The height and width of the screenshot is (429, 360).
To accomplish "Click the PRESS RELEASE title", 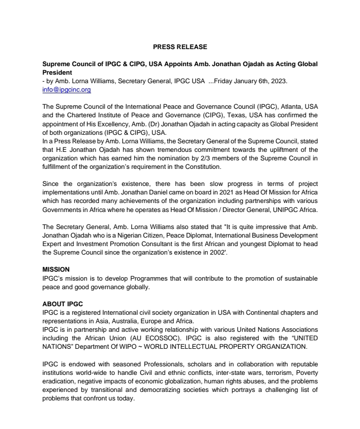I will tap(180, 47).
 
